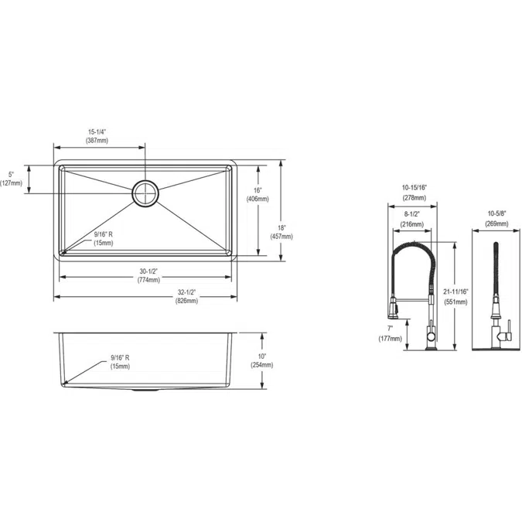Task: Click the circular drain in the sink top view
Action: [x=145, y=193]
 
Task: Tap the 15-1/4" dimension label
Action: [x=97, y=136]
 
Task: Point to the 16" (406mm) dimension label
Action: [x=258, y=194]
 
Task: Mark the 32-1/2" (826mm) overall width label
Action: [x=186, y=296]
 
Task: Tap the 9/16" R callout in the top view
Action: [x=103, y=238]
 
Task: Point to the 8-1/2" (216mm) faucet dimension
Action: [x=411, y=220]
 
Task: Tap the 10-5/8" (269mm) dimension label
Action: [x=497, y=219]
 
